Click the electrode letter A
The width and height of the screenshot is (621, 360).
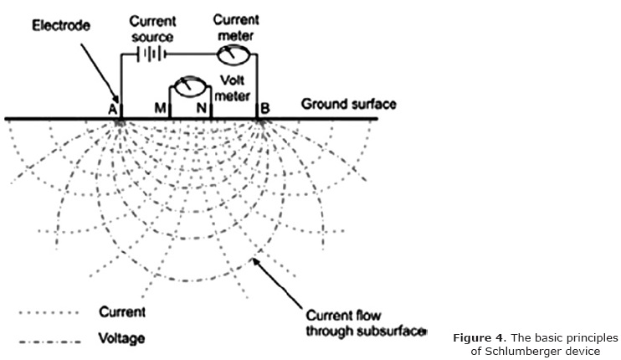[x=111, y=108]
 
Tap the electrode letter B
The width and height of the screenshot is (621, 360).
[x=265, y=108]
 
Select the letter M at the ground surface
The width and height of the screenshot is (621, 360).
[x=159, y=108]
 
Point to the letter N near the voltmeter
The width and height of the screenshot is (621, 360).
[x=201, y=108]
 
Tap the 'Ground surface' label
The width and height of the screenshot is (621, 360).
[x=348, y=104]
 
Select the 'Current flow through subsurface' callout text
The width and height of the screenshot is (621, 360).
[x=365, y=323]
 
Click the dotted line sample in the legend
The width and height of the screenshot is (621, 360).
[x=48, y=313]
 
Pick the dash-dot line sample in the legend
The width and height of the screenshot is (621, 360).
[x=48, y=340]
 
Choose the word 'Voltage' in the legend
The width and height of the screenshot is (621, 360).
[x=121, y=339]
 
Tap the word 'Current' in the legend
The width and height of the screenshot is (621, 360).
[x=122, y=312]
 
